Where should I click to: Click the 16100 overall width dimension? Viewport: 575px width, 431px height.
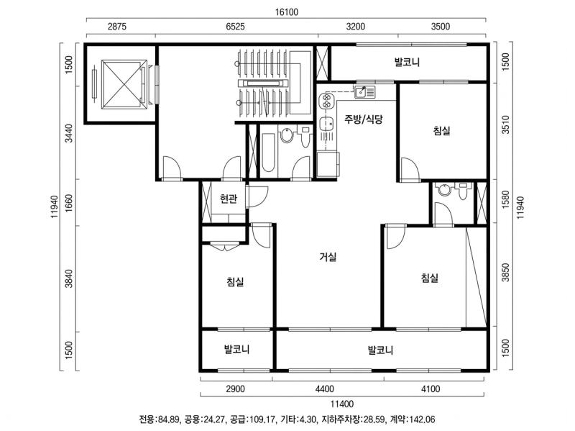[x=287, y=12]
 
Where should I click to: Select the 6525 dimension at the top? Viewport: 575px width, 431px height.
[x=236, y=27]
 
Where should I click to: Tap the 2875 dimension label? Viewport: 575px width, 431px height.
[x=117, y=27]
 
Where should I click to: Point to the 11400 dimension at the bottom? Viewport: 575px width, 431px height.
[x=342, y=404]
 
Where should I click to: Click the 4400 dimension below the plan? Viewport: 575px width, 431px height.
[x=325, y=389]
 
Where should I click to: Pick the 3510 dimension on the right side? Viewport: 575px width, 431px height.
[x=505, y=124]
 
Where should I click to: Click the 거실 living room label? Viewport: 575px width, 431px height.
[x=328, y=257]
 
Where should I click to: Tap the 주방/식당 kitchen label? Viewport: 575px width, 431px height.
[x=364, y=119]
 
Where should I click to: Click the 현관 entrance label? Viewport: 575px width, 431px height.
[x=229, y=199]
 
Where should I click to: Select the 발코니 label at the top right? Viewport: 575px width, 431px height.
[x=407, y=62]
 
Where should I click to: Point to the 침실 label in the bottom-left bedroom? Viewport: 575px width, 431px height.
[x=236, y=281]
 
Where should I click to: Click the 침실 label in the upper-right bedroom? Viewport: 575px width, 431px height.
[x=442, y=130]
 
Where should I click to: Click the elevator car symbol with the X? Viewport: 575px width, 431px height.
[x=124, y=85]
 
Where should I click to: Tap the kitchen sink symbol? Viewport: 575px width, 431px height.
[x=364, y=92]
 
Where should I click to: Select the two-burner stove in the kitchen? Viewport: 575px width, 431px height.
[x=326, y=101]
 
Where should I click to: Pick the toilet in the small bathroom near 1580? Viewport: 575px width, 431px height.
[x=463, y=191]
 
